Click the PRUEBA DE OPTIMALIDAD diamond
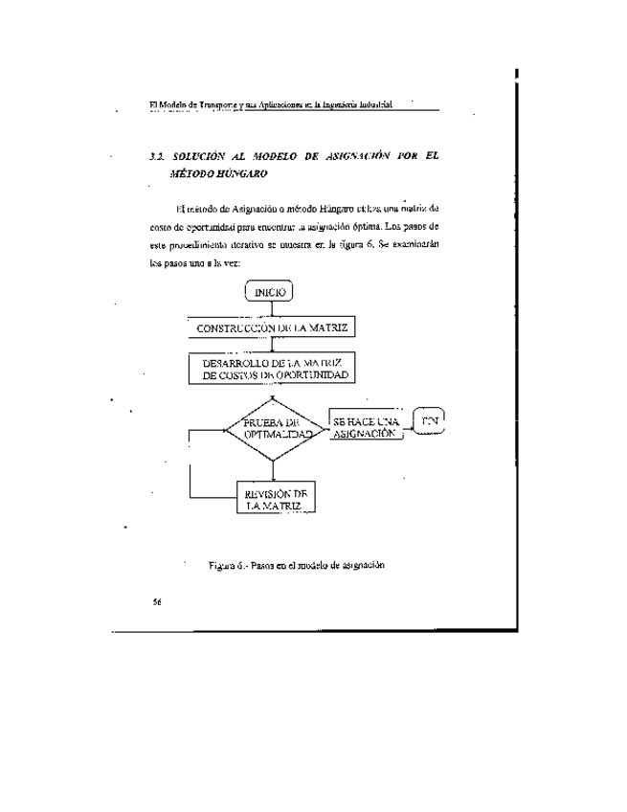[x=274, y=427]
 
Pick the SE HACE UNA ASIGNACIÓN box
[x=365, y=427]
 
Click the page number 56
[x=157, y=602]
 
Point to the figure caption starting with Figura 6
[x=296, y=566]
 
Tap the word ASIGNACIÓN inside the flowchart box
[x=365, y=434]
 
